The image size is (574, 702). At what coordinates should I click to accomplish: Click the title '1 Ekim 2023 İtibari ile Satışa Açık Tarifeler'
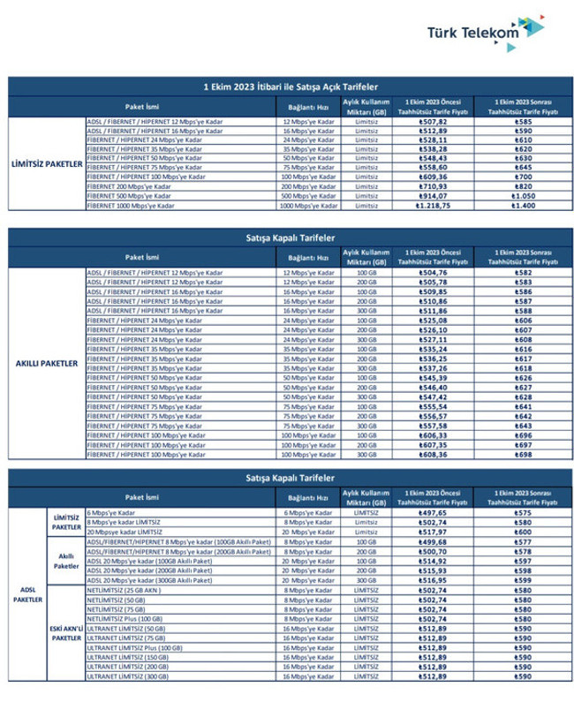[287, 87]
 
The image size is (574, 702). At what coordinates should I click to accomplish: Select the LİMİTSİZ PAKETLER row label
[47, 163]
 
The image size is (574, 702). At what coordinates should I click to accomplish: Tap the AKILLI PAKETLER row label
[47, 363]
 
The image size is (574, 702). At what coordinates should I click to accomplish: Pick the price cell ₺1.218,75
[432, 205]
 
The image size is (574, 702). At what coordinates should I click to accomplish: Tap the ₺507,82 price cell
[432, 121]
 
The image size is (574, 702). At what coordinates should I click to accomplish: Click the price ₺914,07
[432, 195]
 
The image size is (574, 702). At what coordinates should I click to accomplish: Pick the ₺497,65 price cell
[432, 512]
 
